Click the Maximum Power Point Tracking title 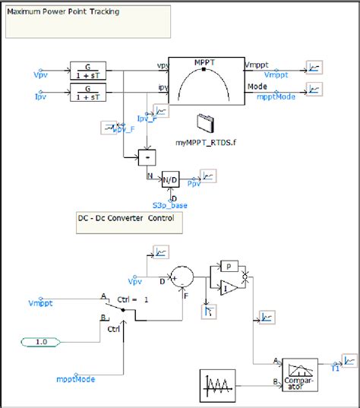coord(64,12)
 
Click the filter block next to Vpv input coord(90,68)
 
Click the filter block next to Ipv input coord(90,93)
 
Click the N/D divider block coord(169,179)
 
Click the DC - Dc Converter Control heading coord(125,219)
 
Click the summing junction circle coord(182,275)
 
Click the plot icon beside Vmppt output coord(313,68)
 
